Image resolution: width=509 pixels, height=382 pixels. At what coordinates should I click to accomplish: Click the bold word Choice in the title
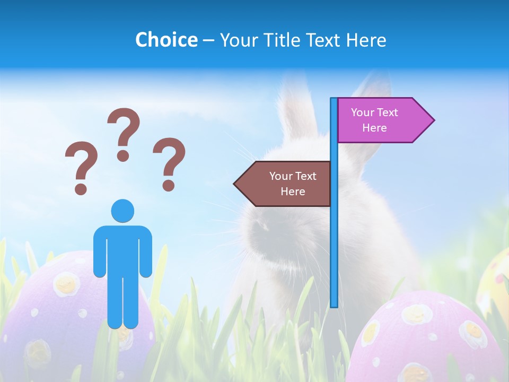tap(166, 40)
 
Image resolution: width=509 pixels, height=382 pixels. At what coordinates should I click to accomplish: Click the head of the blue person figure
tap(122, 211)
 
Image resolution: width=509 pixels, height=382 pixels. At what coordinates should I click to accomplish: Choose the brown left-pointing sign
tap(286, 184)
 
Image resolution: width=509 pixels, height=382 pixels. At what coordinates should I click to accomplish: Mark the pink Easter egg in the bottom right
tap(429, 340)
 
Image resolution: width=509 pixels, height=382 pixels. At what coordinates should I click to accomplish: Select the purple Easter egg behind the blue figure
tap(64, 308)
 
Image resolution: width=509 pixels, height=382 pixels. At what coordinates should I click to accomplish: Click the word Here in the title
tap(366, 40)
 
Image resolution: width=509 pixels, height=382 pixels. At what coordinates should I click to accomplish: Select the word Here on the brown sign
tap(293, 192)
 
